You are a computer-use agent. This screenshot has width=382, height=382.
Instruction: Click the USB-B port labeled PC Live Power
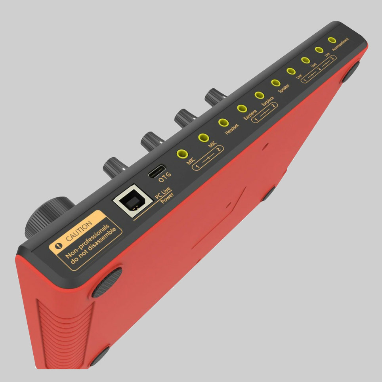[128, 202]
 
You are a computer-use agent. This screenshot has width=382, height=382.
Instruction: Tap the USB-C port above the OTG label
[157, 172]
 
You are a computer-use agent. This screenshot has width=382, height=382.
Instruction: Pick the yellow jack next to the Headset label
[223, 123]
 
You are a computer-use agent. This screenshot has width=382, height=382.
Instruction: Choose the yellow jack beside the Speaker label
[275, 83]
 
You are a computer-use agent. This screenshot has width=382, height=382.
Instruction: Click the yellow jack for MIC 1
[182, 154]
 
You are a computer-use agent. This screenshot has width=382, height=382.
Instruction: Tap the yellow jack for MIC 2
[203, 138]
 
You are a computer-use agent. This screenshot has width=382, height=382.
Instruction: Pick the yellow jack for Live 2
[305, 60]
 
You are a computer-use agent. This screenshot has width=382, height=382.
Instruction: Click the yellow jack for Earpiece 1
[242, 108]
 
